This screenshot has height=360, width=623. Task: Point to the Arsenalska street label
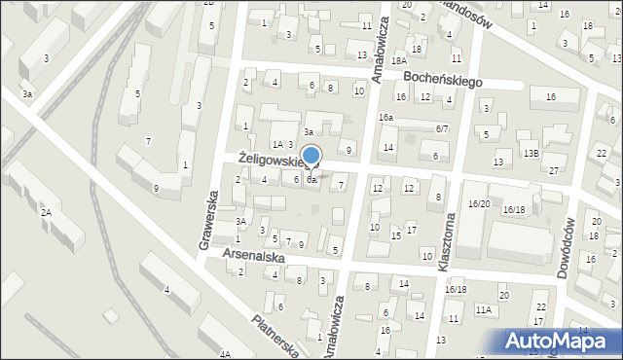[252, 254]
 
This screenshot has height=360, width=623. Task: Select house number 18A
[398, 60]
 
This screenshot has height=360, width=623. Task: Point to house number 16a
[386, 117]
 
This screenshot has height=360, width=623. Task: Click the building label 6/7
[442, 128]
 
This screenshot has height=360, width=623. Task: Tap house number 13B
[531, 154]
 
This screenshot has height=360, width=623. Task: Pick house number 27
[553, 170]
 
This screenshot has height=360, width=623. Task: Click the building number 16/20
[479, 203]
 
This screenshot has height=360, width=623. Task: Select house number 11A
[484, 309]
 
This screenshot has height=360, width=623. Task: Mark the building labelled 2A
[45, 211]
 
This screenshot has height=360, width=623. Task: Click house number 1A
[250, 144]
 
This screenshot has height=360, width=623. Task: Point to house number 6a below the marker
[311, 180]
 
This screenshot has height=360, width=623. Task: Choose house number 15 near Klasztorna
[395, 235]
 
